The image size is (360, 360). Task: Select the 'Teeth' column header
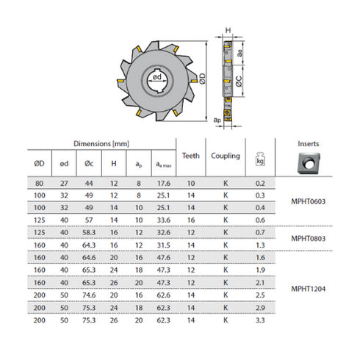point(190,155)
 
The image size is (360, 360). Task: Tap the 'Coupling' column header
point(226,155)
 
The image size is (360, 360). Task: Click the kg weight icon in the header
point(259,159)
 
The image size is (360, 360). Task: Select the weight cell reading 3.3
point(259,321)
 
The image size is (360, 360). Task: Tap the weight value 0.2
point(259,183)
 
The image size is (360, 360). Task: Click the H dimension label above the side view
point(228,32)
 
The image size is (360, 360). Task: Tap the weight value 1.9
point(259,271)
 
